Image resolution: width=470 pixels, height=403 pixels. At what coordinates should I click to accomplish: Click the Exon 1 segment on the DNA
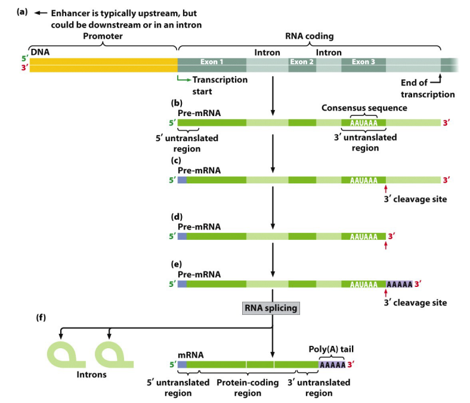click(212, 65)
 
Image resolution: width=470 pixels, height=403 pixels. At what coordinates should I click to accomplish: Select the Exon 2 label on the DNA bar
click(302, 62)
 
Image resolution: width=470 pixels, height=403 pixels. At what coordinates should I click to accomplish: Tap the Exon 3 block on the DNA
click(363, 65)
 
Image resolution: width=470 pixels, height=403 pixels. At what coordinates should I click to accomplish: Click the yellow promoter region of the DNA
click(103, 65)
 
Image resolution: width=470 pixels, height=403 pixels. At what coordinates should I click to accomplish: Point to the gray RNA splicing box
click(271, 308)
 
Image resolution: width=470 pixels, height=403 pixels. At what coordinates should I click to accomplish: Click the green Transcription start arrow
click(184, 79)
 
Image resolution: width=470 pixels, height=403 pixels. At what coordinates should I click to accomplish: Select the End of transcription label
click(428, 89)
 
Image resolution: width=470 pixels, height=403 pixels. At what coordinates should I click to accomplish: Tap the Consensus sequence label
click(364, 108)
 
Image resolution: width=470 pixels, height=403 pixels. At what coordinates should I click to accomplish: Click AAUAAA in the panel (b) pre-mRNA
click(364, 123)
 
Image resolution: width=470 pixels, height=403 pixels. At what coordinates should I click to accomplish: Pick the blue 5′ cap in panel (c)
click(182, 180)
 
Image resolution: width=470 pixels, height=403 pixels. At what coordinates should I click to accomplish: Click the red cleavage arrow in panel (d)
click(386, 245)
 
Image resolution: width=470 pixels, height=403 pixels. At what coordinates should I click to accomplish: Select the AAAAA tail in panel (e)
click(399, 284)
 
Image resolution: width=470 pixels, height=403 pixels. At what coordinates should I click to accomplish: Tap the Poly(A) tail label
click(331, 349)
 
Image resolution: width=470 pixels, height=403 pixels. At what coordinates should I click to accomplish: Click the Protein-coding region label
click(248, 388)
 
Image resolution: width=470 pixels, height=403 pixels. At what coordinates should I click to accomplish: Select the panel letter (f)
click(41, 317)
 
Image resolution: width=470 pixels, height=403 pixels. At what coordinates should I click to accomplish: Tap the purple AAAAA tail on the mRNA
click(332, 365)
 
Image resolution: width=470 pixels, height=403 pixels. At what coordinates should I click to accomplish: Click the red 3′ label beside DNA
click(25, 68)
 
